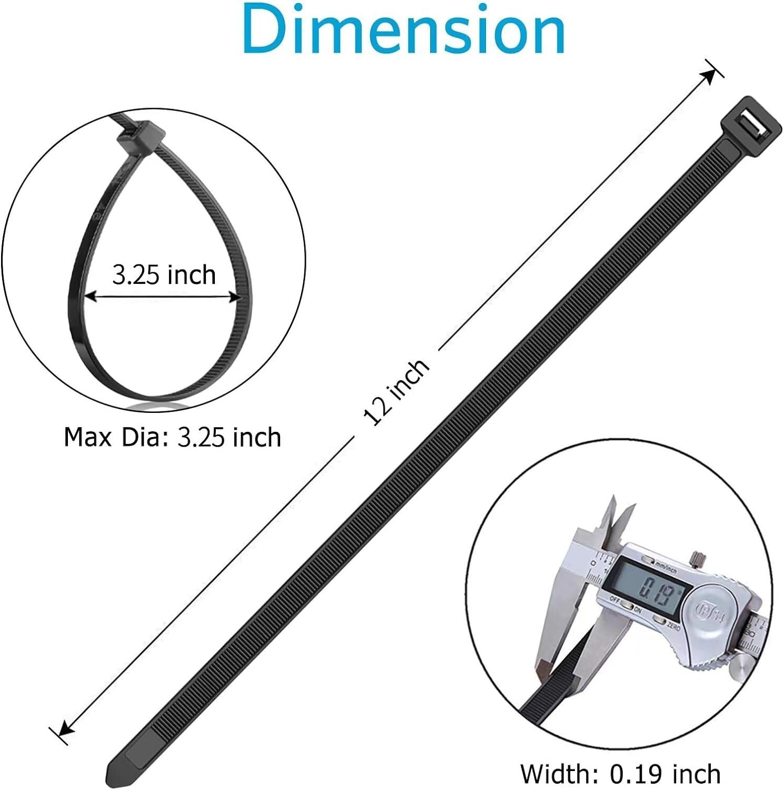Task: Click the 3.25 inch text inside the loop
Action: click(x=164, y=275)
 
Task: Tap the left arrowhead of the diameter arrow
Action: click(x=90, y=297)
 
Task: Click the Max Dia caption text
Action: click(x=172, y=437)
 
